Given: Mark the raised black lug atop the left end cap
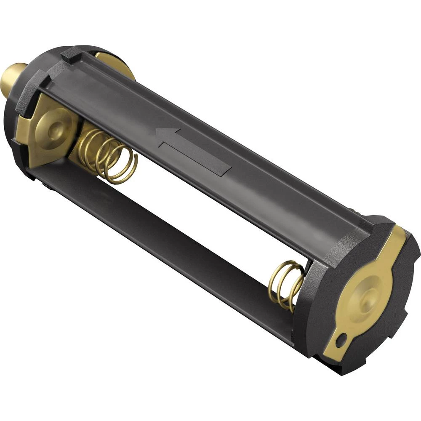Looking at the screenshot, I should coord(69,55).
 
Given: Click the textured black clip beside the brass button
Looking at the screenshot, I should coord(32,91).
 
